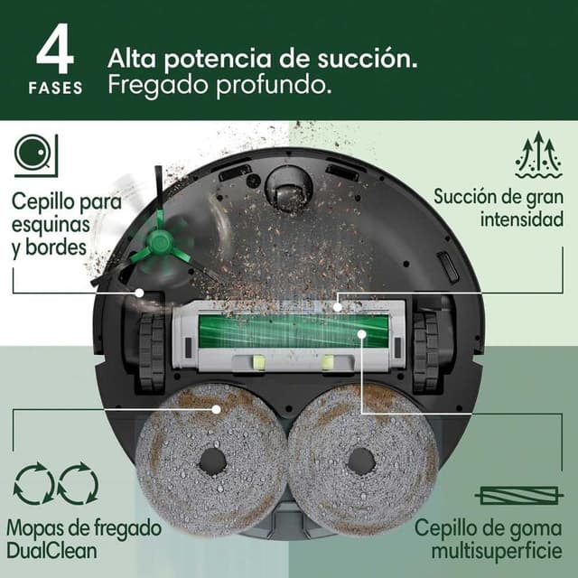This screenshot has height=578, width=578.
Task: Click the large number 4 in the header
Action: (54, 52)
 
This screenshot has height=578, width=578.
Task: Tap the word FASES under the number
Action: (54, 89)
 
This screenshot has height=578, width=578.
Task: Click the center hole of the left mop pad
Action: (212, 461)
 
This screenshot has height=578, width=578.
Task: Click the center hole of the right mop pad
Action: (362, 461)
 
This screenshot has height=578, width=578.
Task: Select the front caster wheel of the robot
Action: (289, 191)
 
